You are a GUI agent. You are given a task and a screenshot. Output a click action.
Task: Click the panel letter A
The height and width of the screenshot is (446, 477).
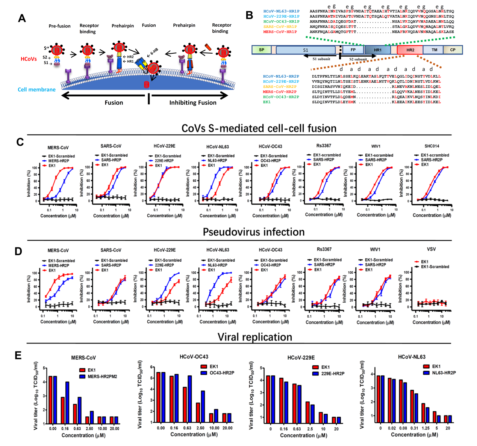point(22,18)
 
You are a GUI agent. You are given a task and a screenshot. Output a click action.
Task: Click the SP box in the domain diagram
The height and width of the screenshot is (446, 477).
point(262,50)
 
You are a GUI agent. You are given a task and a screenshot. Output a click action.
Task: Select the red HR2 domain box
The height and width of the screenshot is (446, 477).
point(410,50)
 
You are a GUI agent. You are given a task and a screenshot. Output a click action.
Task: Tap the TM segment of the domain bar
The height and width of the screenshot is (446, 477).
point(434,50)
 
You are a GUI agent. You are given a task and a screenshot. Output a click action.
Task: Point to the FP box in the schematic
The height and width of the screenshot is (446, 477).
point(353,50)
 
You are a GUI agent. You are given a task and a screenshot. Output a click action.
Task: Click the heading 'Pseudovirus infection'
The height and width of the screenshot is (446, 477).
point(253,232)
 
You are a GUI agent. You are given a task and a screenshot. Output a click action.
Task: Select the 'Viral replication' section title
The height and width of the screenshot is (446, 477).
point(254,337)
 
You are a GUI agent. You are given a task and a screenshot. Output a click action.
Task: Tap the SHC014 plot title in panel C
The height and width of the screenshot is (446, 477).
point(432,146)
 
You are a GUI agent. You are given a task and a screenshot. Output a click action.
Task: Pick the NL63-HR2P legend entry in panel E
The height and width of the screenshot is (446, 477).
point(444,373)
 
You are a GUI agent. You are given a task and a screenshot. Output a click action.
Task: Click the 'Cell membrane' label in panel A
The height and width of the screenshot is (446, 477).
point(36,89)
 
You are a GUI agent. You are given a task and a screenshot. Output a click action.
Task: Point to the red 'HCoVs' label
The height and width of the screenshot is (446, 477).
point(29,59)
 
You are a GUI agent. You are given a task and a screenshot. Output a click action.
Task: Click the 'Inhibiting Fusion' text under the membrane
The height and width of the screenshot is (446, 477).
point(193,102)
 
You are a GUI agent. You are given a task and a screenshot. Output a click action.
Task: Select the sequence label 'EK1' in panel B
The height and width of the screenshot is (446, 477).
point(267,102)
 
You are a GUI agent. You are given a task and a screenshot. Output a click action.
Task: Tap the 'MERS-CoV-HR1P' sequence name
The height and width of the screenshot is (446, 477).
point(280,32)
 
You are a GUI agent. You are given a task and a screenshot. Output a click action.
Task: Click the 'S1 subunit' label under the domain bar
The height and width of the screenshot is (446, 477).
point(321,59)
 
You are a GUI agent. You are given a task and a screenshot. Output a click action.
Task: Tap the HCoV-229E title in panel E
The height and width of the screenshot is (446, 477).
point(301,358)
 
